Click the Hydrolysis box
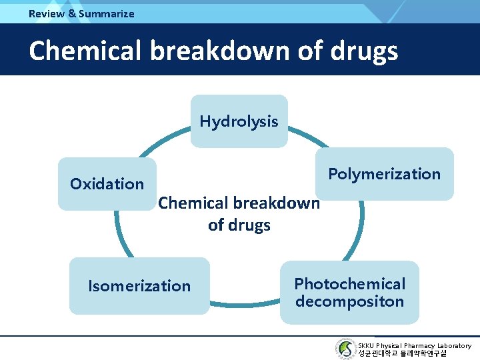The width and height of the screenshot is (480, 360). pos(239,121)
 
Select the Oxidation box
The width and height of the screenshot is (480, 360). pos(107,184)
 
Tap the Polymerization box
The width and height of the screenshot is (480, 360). pos(384,174)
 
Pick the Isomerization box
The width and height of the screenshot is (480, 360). pos(139,286)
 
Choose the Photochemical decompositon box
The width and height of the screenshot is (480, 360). pos(349,293)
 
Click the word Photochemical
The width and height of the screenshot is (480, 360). pos(349,284)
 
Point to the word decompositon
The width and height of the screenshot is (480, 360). pos(349,301)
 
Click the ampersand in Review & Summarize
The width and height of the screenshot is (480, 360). pos(72,13)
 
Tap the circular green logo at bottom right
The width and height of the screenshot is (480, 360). pos(345,349)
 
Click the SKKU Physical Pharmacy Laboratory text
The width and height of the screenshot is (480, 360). pos(414,345)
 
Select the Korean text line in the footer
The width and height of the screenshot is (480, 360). pos(402,353)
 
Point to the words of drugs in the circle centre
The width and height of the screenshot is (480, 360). pos(239,225)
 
